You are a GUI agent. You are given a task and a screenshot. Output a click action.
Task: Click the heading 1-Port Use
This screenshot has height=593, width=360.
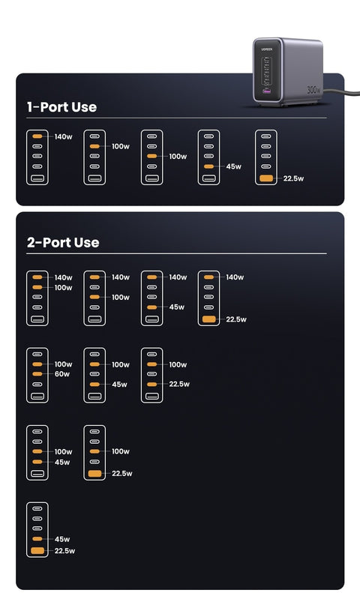(x=61, y=107)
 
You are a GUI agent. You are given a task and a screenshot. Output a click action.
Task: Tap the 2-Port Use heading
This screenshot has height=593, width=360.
(x=63, y=243)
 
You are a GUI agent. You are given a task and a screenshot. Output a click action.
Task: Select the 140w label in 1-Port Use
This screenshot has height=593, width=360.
(x=63, y=137)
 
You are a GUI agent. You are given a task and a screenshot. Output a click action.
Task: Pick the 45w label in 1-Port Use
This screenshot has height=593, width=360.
(x=233, y=166)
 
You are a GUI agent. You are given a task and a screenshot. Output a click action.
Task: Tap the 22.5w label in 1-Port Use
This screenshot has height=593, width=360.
(x=293, y=179)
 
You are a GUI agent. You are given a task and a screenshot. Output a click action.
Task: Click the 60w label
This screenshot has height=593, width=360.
(x=62, y=374)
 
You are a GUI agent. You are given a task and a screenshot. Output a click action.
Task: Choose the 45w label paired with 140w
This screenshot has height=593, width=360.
(x=176, y=307)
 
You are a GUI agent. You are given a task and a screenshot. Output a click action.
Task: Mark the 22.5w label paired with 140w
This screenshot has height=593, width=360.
(x=236, y=319)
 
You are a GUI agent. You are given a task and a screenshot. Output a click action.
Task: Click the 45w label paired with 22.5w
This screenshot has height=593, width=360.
(x=62, y=539)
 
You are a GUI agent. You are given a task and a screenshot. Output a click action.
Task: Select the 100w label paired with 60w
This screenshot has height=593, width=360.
(x=63, y=364)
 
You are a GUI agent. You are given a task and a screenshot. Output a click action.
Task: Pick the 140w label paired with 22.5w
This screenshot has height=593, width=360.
(x=235, y=277)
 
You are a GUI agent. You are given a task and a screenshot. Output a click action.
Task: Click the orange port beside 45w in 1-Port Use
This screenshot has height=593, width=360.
(x=208, y=166)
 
